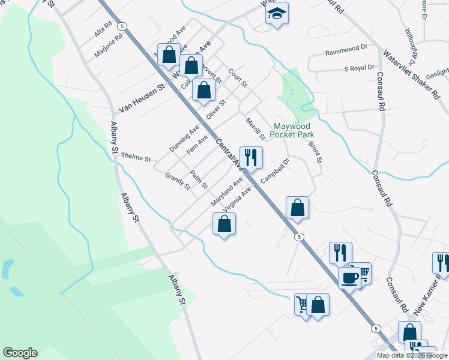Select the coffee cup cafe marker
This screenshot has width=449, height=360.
[349, 278]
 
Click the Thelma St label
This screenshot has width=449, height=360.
[136, 157]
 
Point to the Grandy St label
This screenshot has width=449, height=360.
[177, 181]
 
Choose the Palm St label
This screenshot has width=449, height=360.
[199, 178]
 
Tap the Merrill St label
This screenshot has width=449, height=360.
[255, 128]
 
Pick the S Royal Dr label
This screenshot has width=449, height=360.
[359, 68]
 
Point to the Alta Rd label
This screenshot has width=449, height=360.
[103, 30]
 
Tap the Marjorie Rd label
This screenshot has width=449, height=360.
[108, 45]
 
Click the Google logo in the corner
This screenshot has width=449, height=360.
[20, 353]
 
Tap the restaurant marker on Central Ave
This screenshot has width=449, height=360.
[251, 158]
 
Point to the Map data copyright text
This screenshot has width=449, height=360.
[412, 355]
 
